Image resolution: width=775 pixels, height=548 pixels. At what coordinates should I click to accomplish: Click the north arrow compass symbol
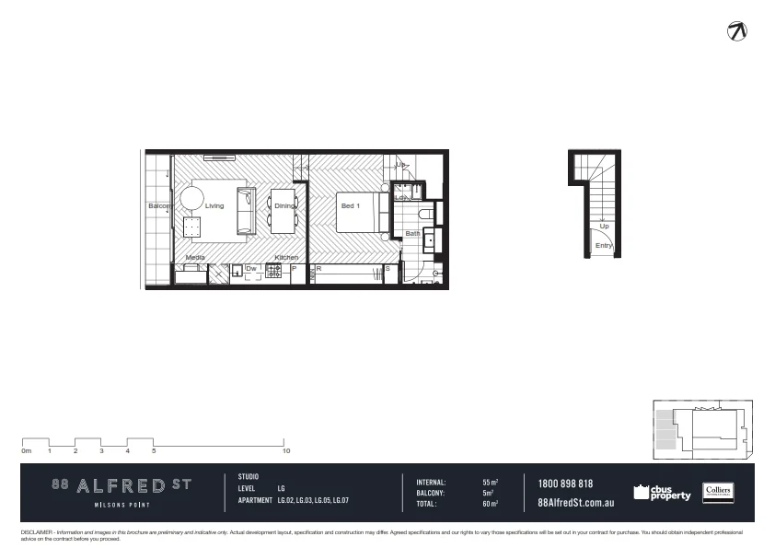tap(736, 30)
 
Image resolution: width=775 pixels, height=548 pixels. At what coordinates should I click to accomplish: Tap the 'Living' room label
tap(214, 206)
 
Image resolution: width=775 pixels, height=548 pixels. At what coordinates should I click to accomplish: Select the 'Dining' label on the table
tap(283, 206)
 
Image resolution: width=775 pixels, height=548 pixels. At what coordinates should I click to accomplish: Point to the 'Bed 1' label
tap(349, 206)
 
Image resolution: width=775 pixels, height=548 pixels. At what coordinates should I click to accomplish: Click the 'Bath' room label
tap(412, 234)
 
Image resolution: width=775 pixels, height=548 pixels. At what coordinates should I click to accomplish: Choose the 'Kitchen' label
tap(286, 258)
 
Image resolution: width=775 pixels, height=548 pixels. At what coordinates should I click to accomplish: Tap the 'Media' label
tap(195, 258)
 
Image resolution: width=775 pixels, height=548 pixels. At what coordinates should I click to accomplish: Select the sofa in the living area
tap(247, 210)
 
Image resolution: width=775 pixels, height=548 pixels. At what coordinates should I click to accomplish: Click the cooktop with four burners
tap(273, 270)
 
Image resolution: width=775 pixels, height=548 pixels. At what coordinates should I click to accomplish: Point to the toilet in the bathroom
tap(426, 213)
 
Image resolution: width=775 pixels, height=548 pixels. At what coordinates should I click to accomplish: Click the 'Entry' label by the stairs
tap(604, 246)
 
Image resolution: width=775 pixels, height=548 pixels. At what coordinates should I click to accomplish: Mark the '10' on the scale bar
tap(287, 451)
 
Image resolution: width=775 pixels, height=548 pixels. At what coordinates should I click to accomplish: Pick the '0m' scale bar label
tap(27, 451)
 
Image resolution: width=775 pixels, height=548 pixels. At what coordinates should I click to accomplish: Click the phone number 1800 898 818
tap(565, 484)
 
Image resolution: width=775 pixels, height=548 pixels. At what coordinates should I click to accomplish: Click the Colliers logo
tap(717, 493)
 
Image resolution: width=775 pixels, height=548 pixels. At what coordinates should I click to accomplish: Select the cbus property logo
tap(662, 493)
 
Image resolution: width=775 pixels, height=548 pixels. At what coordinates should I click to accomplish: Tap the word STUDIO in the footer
tap(249, 477)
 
